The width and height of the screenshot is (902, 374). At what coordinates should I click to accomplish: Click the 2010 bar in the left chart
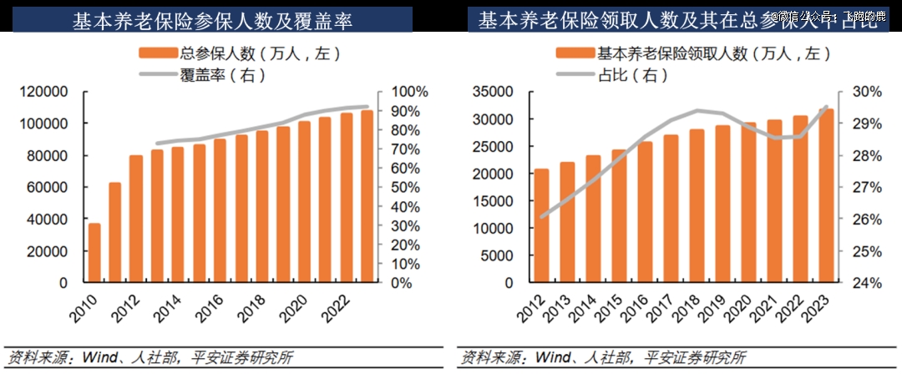point(94,253)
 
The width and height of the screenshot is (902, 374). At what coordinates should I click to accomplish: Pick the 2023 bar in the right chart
point(826,196)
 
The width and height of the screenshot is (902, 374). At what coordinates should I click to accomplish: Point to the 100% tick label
point(408,92)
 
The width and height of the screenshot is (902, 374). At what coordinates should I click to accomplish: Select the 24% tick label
point(868,283)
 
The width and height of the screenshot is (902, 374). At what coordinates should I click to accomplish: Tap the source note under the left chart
point(149,358)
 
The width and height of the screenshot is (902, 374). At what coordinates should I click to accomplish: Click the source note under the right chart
point(602,358)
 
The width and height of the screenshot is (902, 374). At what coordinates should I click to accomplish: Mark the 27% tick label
point(868,188)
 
